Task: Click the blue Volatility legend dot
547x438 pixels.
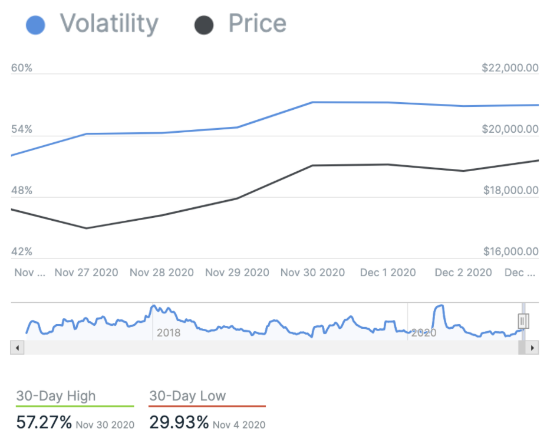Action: coord(35,25)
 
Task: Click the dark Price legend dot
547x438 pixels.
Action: coord(203,25)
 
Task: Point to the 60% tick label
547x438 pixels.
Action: coord(22,68)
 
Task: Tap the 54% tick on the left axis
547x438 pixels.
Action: coord(22,129)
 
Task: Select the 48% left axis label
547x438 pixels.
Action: coord(22,191)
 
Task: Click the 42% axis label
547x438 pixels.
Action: coord(22,252)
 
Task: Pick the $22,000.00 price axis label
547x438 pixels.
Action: coord(510,68)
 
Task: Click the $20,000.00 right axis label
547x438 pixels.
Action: coord(510,129)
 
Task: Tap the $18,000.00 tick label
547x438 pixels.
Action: coord(510,191)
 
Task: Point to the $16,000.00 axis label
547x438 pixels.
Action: coord(510,252)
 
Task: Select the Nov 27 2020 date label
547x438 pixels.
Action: coord(86,273)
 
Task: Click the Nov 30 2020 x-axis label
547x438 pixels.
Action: coord(312,273)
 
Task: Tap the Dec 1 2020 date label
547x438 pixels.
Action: coord(388,273)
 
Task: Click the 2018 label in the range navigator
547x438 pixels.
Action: coord(169,333)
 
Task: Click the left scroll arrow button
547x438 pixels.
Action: coord(17,348)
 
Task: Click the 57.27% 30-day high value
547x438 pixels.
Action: coord(44,423)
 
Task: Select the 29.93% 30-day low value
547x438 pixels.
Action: coord(179,423)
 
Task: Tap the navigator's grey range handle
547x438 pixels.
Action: coord(523,321)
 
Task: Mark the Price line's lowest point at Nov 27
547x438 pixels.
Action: coord(87,228)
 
